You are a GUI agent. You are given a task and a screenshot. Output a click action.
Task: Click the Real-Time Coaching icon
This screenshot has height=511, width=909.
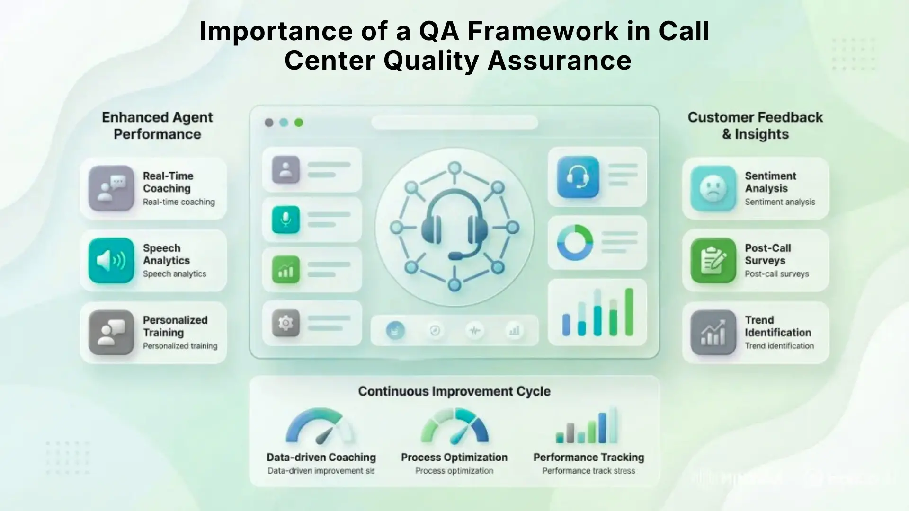click(x=111, y=188)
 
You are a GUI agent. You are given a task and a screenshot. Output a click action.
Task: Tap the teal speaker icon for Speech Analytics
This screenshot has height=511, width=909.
click(x=111, y=261)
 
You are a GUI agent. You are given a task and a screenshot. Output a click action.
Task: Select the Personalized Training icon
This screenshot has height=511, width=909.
click(x=111, y=333)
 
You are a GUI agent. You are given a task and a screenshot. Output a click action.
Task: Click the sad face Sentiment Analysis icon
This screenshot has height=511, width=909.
click(x=713, y=188)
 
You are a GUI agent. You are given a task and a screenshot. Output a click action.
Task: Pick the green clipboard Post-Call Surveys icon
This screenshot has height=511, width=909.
click(x=713, y=261)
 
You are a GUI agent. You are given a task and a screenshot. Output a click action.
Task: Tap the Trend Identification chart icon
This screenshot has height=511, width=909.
click(x=713, y=333)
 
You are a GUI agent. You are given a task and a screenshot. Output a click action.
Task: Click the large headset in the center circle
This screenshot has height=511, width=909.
click(x=454, y=225)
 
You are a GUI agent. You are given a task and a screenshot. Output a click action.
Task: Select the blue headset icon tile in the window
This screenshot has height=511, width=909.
click(x=578, y=177)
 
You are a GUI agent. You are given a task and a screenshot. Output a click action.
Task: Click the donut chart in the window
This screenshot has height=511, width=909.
click(x=575, y=243)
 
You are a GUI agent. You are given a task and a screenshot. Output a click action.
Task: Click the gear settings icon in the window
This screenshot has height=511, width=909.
click(x=285, y=323)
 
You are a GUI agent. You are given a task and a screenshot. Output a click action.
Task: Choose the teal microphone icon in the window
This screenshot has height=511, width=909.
click(x=285, y=220)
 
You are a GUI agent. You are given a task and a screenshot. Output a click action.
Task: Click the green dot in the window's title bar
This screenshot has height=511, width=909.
click(x=299, y=123)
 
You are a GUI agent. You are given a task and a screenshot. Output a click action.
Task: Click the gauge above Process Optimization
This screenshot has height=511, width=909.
click(x=454, y=427)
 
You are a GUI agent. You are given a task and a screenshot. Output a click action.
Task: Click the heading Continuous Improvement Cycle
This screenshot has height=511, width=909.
click(x=454, y=391)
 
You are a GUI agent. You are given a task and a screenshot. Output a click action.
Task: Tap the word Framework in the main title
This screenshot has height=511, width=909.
click(x=543, y=31)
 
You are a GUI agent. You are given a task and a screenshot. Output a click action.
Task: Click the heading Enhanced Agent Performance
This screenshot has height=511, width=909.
click(x=157, y=125)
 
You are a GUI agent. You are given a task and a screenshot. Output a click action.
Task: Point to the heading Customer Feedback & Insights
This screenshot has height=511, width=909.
click(x=755, y=125)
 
